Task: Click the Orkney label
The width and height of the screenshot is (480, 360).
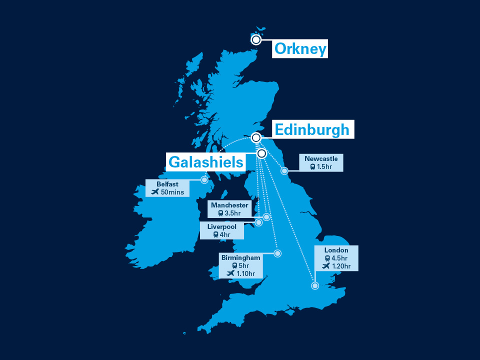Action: (x=300, y=49)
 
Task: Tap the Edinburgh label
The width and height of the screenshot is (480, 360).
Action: (x=312, y=129)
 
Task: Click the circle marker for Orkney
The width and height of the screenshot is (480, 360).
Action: (x=256, y=39)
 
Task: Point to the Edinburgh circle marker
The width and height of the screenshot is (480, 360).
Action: (x=256, y=137)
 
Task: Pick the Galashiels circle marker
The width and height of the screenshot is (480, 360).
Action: (x=261, y=153)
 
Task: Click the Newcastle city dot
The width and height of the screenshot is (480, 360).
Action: (x=284, y=171)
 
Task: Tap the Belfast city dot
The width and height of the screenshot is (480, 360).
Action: (x=204, y=180)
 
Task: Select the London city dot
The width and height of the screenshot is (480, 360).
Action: (x=315, y=286)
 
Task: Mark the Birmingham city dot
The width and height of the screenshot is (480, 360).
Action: (x=277, y=253)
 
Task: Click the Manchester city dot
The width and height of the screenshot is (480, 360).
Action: (x=266, y=217)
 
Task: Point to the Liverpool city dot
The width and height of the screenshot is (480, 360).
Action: (x=258, y=222)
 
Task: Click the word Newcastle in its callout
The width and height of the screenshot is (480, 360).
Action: (x=321, y=159)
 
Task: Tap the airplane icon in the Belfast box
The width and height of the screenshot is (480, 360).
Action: (x=154, y=191)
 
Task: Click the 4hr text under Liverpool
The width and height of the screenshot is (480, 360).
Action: (x=225, y=234)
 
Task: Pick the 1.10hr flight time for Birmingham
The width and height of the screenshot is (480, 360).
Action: (x=245, y=273)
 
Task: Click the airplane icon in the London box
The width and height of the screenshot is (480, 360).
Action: (x=326, y=266)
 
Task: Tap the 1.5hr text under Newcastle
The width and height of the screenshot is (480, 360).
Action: (x=324, y=166)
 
